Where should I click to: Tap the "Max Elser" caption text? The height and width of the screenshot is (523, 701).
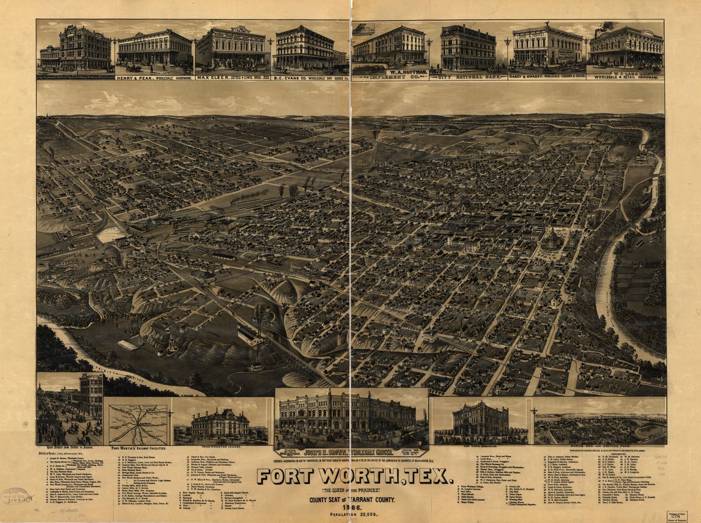[213, 78]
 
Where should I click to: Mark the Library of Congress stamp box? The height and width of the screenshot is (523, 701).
[678, 516]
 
